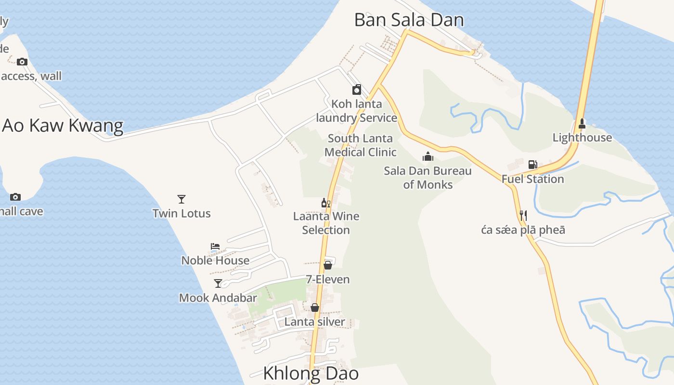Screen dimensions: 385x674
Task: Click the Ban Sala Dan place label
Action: [409, 20]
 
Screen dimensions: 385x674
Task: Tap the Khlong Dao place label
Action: [311, 373]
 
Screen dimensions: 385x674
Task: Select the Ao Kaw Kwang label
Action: [63, 126]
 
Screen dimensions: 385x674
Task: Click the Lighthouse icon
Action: [582, 123]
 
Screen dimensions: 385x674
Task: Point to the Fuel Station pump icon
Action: [532, 165]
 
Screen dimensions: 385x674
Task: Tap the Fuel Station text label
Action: [532, 179]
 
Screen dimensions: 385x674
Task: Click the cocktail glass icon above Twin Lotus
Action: [181, 199]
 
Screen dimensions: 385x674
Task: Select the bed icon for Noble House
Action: [215, 246]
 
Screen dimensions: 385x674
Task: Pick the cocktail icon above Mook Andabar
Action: [218, 283]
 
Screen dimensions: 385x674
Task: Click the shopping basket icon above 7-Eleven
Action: [328, 265]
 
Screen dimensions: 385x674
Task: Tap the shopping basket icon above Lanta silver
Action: [315, 308]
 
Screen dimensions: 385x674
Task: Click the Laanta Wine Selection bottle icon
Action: [326, 203]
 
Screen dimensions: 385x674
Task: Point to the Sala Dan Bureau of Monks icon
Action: [428, 156]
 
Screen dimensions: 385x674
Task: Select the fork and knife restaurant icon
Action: [523, 215]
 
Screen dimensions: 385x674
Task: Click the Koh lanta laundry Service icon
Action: [357, 90]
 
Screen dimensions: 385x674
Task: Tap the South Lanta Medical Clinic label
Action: [360, 145]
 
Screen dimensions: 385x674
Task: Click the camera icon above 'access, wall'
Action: [22, 62]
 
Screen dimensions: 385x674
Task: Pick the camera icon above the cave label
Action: [15, 197]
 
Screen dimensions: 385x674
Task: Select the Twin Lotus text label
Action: [181, 213]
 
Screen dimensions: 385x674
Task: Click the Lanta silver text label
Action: [314, 322]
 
